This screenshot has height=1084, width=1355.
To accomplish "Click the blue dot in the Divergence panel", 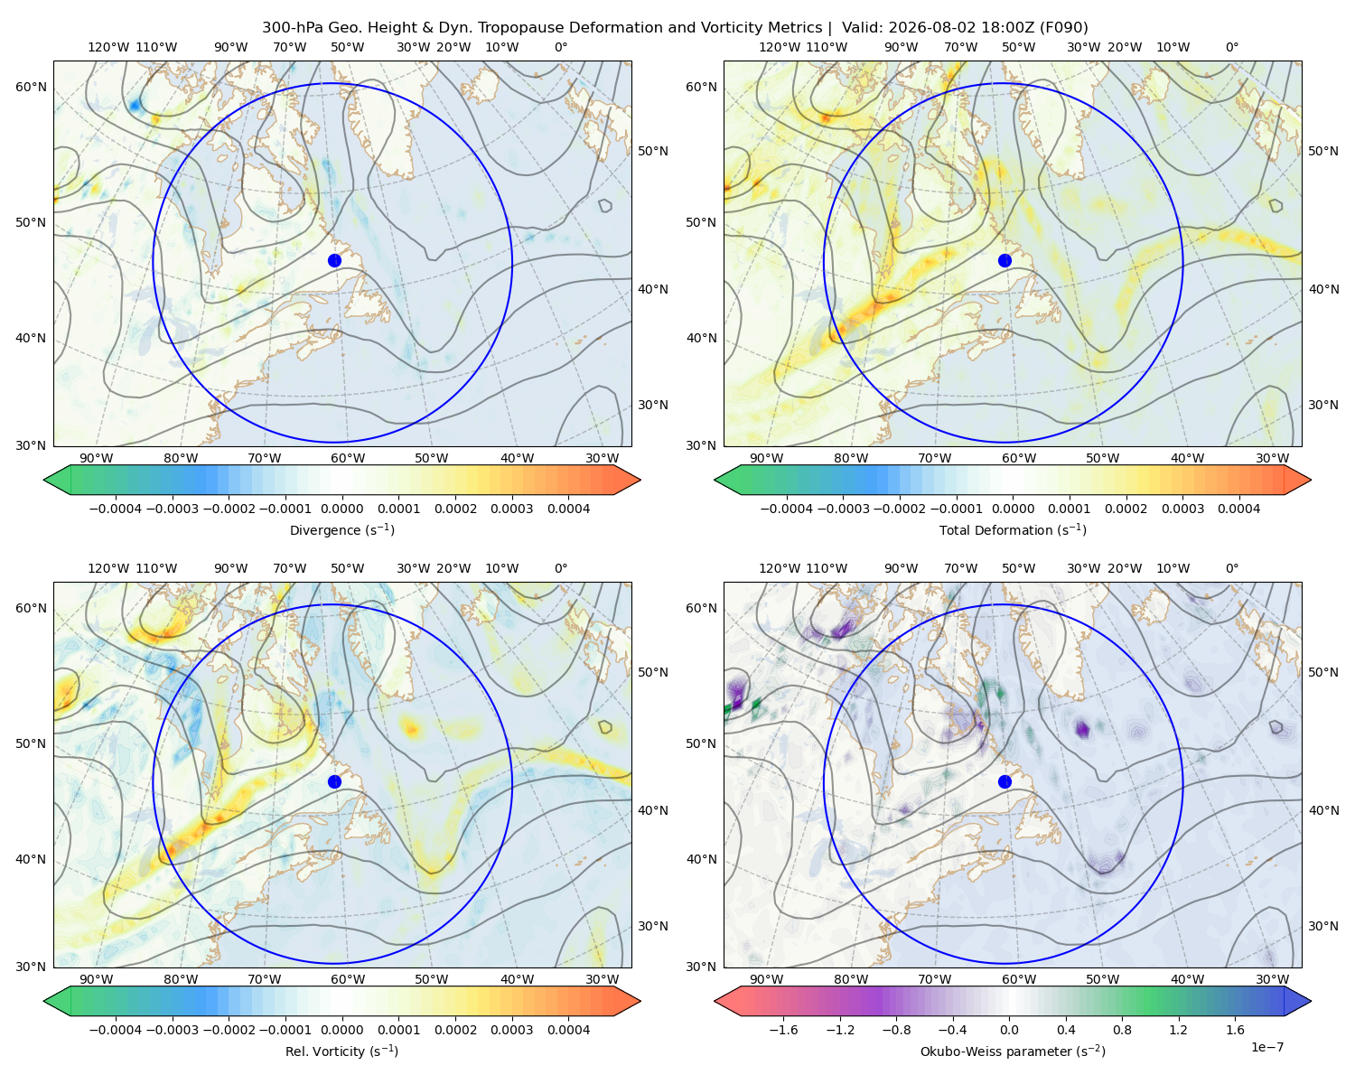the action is (x=334, y=260).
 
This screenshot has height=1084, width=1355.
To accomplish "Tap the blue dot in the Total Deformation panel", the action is (x=1005, y=260).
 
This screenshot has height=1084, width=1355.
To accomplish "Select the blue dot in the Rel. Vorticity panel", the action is (x=334, y=781).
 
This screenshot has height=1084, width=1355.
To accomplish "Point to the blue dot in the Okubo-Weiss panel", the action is (x=1005, y=781).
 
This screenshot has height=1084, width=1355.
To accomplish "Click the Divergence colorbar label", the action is (x=341, y=530).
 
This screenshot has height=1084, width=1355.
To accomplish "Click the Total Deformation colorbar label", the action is (x=1013, y=530).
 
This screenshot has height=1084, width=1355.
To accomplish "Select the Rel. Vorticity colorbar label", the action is (x=341, y=1051).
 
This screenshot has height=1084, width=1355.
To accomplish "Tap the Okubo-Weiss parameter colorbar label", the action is (x=1013, y=1051).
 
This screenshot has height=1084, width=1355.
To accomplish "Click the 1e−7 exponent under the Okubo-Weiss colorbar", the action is (x=1266, y=1047).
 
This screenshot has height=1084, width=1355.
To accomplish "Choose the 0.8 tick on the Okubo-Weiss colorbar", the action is (x=1122, y=1030).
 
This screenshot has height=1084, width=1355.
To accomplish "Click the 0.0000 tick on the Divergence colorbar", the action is (x=341, y=509).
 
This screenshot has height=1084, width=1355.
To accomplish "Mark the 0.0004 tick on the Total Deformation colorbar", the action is (x=1238, y=509).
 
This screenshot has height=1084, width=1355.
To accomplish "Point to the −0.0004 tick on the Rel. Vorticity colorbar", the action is (x=116, y=1030).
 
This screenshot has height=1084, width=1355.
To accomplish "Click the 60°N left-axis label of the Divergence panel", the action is (x=31, y=87).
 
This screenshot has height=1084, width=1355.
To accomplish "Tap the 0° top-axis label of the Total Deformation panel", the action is (x=1231, y=47).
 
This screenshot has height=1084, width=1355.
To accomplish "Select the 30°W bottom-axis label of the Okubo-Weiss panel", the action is (x=1272, y=979).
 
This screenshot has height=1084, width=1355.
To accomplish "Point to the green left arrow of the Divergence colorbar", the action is (x=57, y=480).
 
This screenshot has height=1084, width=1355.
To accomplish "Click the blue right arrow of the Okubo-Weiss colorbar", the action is (x=1298, y=1002).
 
